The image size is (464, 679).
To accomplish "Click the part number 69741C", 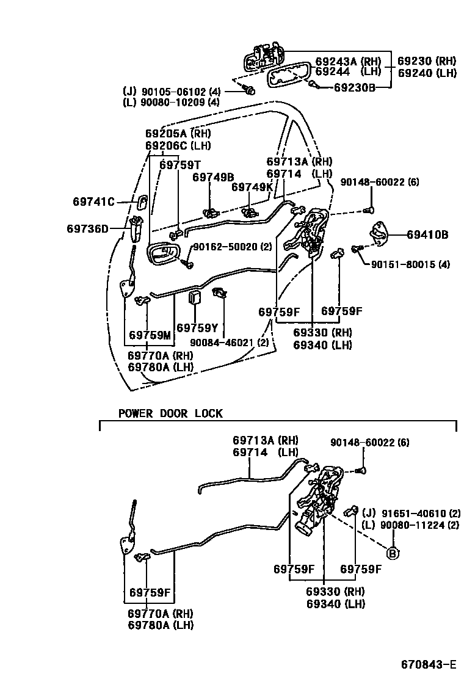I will coord(93,201).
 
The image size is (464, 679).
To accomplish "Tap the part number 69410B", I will coord(427,234).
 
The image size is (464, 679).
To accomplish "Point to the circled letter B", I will coord(393,554).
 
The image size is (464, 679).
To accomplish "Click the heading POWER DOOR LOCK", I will coord(170,413).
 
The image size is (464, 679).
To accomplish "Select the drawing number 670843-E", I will coord(428,664).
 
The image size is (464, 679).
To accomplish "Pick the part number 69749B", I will coord(213,177).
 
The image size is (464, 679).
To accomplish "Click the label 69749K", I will coord(252,187).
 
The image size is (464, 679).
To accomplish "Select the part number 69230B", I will coord(355,87).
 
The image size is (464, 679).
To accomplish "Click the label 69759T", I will coord(180,164).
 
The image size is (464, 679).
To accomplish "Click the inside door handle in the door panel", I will coord(163,253).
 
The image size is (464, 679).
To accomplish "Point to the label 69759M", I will coord(150,335).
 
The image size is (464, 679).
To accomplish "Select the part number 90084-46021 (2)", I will coord(229,343).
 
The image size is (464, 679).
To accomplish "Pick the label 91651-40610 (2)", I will coord(410,513).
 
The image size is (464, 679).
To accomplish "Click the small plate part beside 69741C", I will coord(140,202).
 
